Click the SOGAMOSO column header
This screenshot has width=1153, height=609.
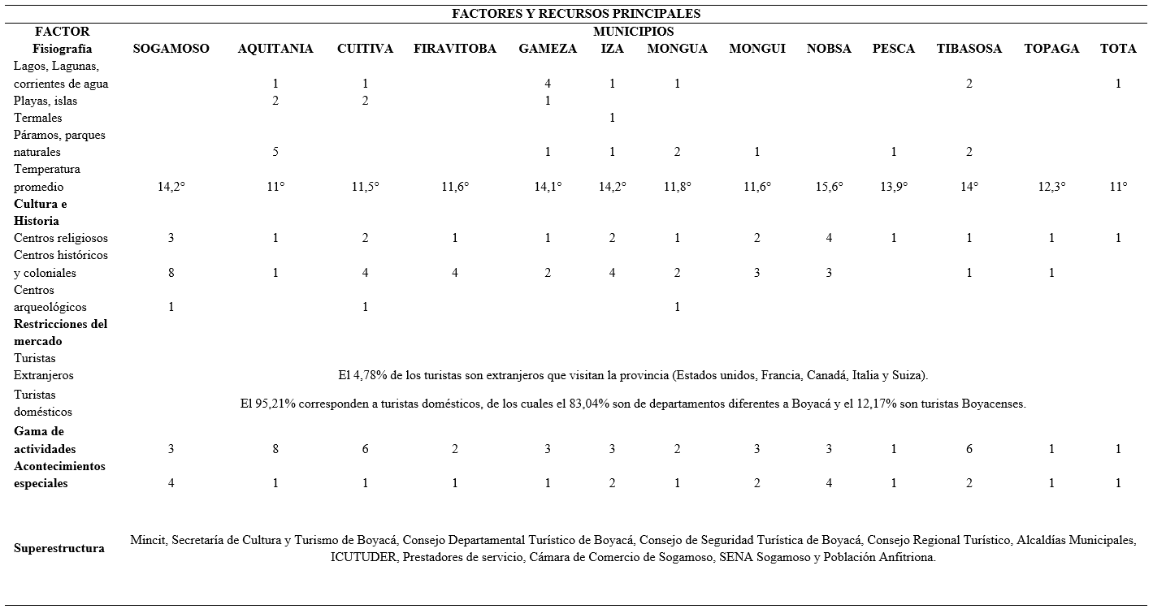pyautogui.click(x=171, y=49)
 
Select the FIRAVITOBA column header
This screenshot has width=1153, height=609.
pyautogui.click(x=454, y=49)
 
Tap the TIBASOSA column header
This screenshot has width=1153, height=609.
pyautogui.click(x=969, y=49)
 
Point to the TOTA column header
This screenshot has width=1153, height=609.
pyautogui.click(x=1118, y=49)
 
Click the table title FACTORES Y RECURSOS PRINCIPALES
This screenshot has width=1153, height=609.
pyautogui.click(x=576, y=14)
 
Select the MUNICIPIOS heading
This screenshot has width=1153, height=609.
pyautogui.click(x=633, y=32)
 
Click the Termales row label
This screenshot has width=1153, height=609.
pyautogui.click(x=38, y=118)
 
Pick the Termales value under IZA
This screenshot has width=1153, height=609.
pyautogui.click(x=612, y=118)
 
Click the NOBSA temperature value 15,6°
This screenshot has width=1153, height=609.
pyautogui.click(x=829, y=187)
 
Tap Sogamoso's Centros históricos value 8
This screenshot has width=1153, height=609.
pyautogui.click(x=171, y=273)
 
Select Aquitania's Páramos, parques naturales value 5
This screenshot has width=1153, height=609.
pyautogui.click(x=275, y=152)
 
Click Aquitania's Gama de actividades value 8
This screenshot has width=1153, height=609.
pyautogui.click(x=275, y=449)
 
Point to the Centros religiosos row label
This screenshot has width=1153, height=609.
pyautogui.click(x=61, y=238)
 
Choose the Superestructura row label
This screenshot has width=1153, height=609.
pyautogui.click(x=59, y=548)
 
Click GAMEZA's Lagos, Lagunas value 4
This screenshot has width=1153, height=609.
pyautogui.click(x=548, y=84)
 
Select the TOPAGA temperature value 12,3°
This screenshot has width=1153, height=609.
pyautogui.click(x=1051, y=187)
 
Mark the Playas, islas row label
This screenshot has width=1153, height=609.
pyautogui.click(x=46, y=101)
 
